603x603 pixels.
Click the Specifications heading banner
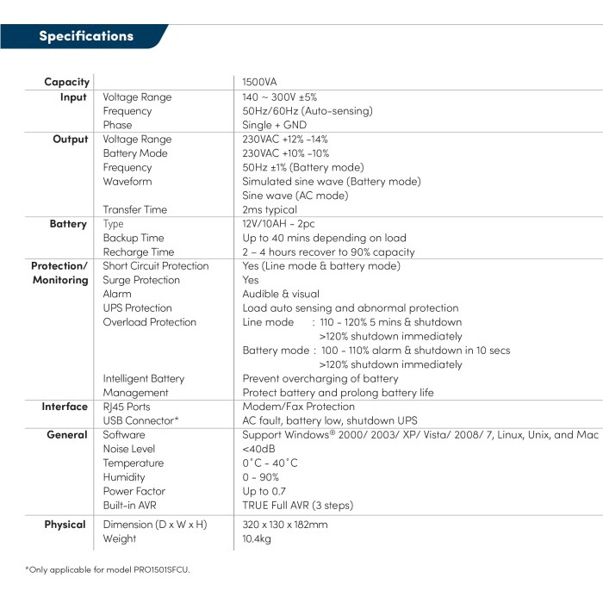[x=86, y=36]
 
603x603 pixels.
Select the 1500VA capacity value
[x=259, y=82]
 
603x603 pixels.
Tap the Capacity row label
[x=67, y=82]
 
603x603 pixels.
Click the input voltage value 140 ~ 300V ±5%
[x=285, y=97]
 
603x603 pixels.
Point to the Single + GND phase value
[x=274, y=125]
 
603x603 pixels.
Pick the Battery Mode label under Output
[x=135, y=153]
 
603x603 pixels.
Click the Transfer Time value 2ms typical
[x=270, y=209]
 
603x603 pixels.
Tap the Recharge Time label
[x=138, y=252]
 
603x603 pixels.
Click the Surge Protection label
[x=141, y=280]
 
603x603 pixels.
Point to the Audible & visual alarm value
[x=280, y=294]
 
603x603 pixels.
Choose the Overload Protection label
[x=149, y=322]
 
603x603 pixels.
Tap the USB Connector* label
[x=140, y=420]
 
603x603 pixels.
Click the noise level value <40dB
[x=259, y=449]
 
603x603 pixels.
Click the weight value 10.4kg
[x=258, y=538]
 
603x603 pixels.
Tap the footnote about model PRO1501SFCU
[x=107, y=569]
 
